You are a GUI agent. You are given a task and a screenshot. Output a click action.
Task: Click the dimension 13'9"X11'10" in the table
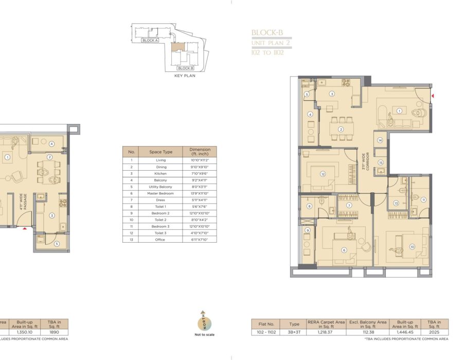coord(199,193)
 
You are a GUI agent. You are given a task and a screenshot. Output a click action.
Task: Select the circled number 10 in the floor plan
coord(412,247)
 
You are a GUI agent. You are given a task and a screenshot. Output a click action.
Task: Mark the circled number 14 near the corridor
coord(380,140)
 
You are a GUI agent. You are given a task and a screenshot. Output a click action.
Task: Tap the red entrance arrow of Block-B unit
coord(433,96)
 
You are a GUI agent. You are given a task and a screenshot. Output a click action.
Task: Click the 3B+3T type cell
coord(294,332)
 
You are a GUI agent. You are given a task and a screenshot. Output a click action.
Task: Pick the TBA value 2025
coord(434,332)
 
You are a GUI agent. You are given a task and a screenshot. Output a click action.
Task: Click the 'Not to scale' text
coord(204,335)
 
